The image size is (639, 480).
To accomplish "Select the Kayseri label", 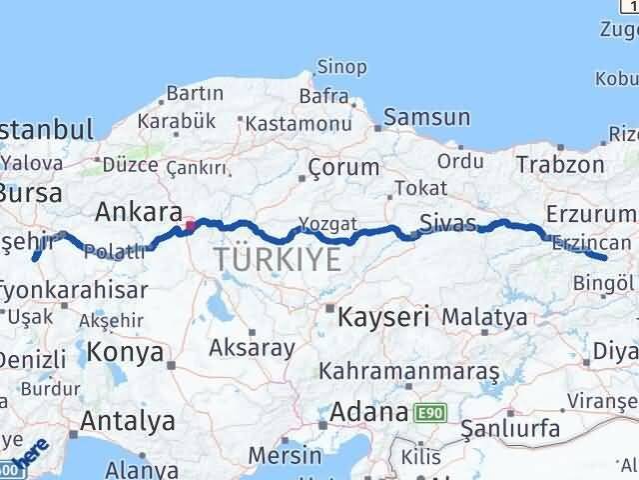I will point(382,318).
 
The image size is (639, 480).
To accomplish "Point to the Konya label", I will point(125,352).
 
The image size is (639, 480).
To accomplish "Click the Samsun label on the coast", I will point(426,116).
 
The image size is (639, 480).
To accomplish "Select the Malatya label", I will point(484,317).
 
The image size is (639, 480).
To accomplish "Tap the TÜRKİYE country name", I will point(277,261).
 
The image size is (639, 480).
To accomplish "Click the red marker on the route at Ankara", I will point(190,225).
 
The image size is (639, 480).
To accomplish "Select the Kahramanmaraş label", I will point(408,370).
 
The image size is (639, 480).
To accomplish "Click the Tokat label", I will point(414,188).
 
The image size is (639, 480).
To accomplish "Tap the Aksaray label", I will point(252,348).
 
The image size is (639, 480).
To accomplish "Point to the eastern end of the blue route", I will point(605,257).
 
